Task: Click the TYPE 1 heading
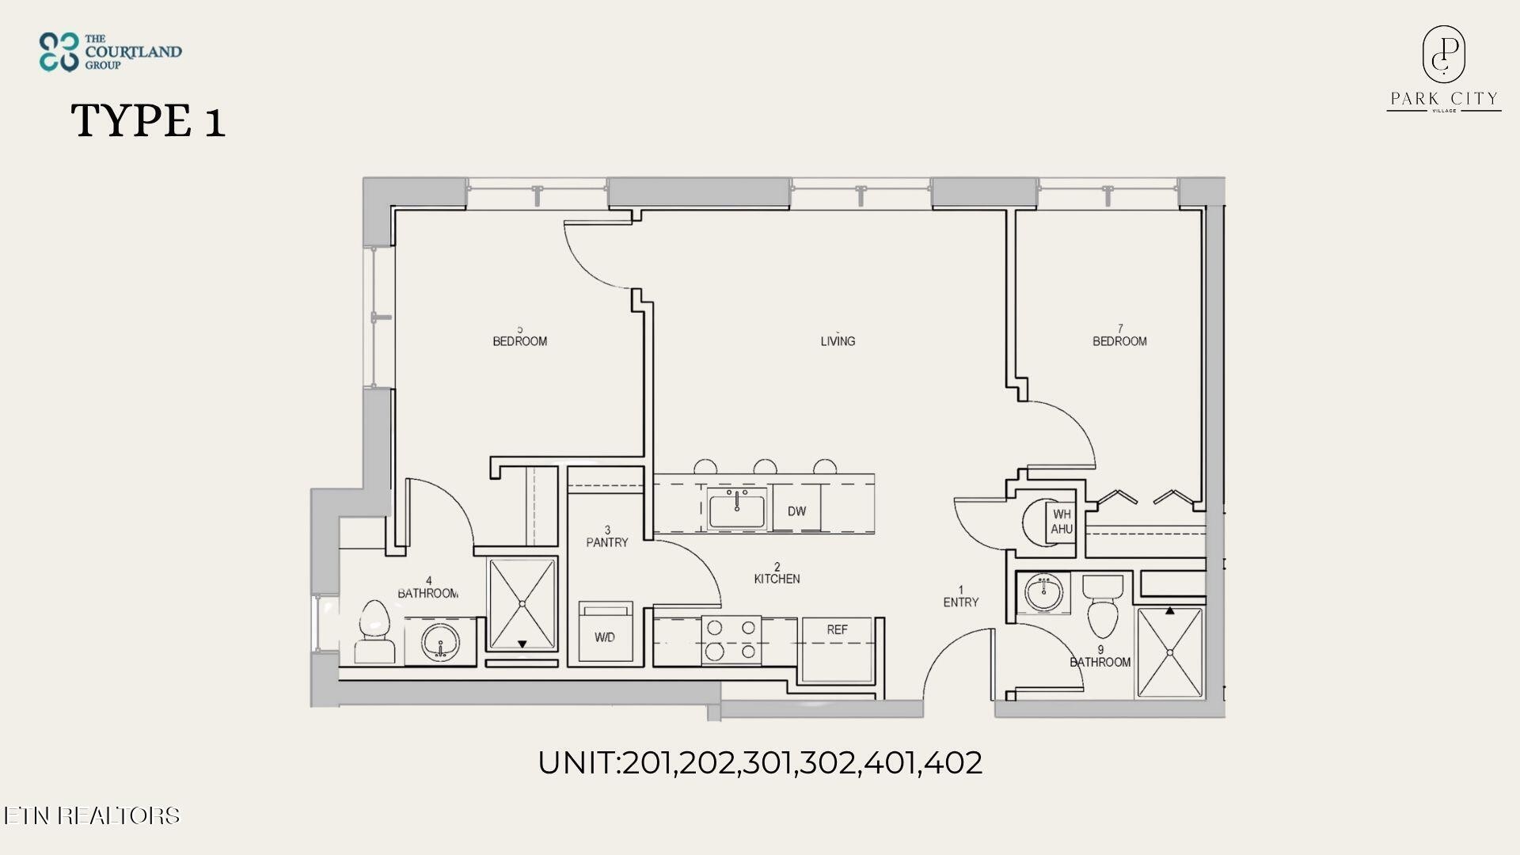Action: click(x=148, y=121)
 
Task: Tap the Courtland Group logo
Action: click(x=110, y=51)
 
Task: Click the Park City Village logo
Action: click(x=1443, y=69)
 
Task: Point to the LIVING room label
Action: click(x=838, y=340)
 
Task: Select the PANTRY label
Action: click(x=607, y=537)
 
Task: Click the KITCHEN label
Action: click(x=777, y=573)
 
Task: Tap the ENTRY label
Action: click(x=961, y=596)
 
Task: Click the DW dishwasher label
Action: click(x=796, y=511)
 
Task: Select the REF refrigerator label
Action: click(x=837, y=630)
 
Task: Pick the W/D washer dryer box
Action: click(x=606, y=631)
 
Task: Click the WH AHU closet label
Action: click(x=1062, y=522)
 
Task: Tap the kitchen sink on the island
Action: click(x=737, y=507)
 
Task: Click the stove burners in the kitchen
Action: click(x=731, y=640)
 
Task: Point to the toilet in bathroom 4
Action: click(x=374, y=631)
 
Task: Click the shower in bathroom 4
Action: click(x=522, y=605)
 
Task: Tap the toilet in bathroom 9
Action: click(x=1103, y=606)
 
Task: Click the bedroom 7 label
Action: click(x=1119, y=336)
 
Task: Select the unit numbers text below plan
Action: click(x=760, y=762)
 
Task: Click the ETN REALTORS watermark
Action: click(x=91, y=815)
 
